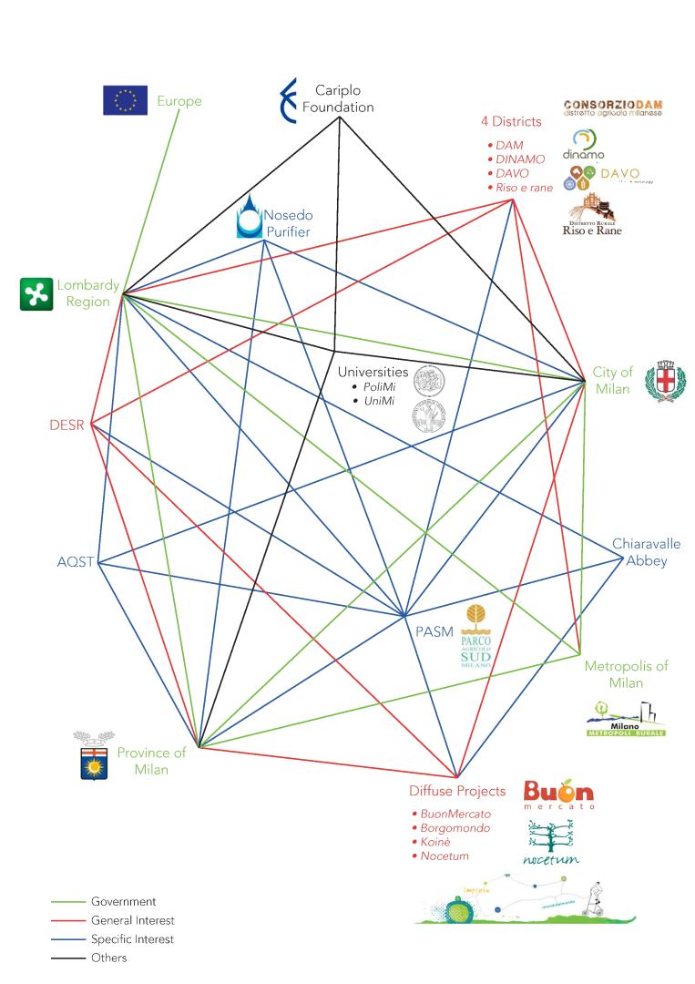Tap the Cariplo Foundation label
[338, 98]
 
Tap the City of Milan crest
[665, 380]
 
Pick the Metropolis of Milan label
[627, 674]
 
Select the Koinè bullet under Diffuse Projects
[435, 843]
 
